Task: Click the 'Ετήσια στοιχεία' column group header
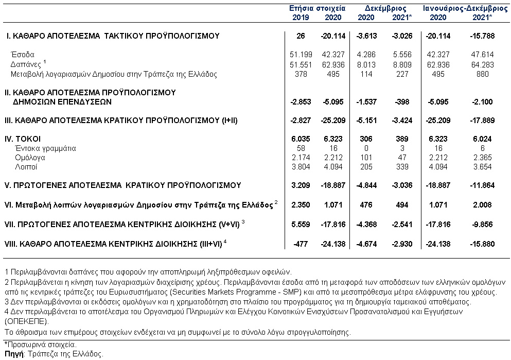click(x=317, y=8)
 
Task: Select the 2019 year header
click(x=301, y=18)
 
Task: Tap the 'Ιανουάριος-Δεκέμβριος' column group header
click(x=465, y=8)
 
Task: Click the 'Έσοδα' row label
click(x=23, y=55)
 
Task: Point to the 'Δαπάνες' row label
click(x=26, y=64)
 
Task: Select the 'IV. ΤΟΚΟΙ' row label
click(x=23, y=139)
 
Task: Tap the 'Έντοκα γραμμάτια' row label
click(x=45, y=148)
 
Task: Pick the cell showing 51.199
click(x=301, y=55)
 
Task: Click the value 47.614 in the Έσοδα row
click(x=482, y=55)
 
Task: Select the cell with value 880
click(x=482, y=74)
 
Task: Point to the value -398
click(x=402, y=102)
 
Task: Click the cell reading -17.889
click(x=482, y=121)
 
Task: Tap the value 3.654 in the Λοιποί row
click(x=482, y=167)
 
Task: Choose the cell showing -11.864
click(x=482, y=185)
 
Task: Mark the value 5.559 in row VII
click(x=301, y=225)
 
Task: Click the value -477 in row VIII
click(x=300, y=244)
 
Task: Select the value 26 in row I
click(x=301, y=36)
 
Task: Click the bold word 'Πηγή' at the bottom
click(x=14, y=354)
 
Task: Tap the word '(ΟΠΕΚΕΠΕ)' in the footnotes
click(x=27, y=321)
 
